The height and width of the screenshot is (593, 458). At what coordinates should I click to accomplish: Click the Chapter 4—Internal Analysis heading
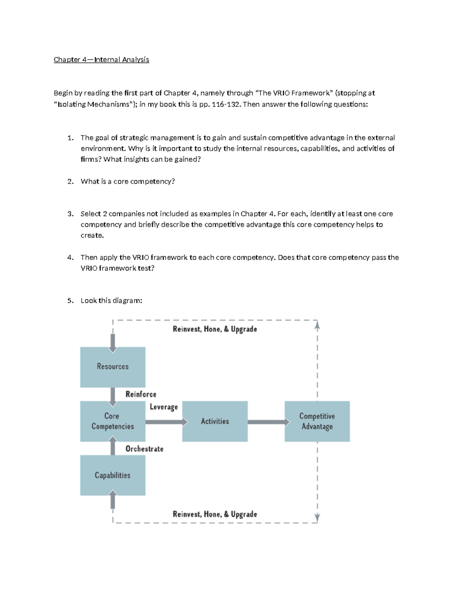[101, 60]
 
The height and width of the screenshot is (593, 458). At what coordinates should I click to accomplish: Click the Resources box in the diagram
[113, 367]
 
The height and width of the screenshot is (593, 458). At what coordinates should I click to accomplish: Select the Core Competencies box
[113, 421]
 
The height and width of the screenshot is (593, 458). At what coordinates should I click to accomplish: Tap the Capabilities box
[113, 475]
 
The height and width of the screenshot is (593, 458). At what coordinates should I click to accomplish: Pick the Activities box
[215, 421]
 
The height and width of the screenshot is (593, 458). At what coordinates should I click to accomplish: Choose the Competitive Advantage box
[317, 421]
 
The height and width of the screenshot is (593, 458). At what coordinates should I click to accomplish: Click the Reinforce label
[141, 394]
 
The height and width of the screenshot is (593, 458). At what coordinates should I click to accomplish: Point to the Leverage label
[164, 407]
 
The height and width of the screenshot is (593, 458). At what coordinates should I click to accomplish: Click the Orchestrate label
[144, 449]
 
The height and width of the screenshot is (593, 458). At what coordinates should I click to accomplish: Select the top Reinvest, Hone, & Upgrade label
[215, 329]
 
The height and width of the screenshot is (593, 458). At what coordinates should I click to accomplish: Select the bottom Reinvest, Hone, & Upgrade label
[215, 514]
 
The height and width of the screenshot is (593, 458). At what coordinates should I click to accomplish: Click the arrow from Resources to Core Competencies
[113, 396]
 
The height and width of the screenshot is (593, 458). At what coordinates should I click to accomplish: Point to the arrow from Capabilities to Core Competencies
[113, 446]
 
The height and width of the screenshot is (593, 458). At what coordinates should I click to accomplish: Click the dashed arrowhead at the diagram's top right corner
[317, 326]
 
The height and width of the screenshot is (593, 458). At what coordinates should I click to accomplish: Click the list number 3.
[70, 214]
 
